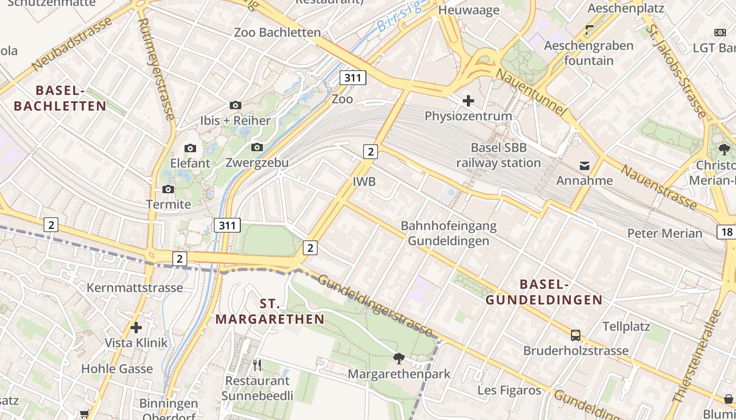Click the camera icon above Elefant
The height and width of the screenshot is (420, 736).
click(190, 149)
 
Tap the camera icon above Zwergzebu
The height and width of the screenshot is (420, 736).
click(257, 147)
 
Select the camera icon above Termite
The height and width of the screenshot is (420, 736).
click(168, 189)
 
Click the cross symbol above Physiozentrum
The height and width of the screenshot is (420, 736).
click(468, 100)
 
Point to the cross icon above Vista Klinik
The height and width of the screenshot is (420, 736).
click(136, 328)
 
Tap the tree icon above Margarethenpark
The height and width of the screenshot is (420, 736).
click(399, 359)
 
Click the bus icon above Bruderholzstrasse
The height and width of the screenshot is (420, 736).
click(576, 335)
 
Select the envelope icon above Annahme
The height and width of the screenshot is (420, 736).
click(584, 166)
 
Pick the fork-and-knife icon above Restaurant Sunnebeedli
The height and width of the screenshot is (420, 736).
click(257, 365)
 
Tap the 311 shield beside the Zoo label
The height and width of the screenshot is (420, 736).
click(353, 78)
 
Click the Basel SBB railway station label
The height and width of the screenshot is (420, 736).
click(498, 155)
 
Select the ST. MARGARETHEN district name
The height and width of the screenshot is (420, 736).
click(270, 311)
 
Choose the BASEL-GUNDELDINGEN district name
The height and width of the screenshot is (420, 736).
click(544, 292)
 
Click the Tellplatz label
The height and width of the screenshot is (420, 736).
click(626, 327)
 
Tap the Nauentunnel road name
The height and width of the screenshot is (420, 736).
click(531, 92)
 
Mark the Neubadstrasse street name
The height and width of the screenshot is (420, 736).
click(72, 44)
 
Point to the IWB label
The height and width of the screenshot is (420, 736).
click(364, 182)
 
